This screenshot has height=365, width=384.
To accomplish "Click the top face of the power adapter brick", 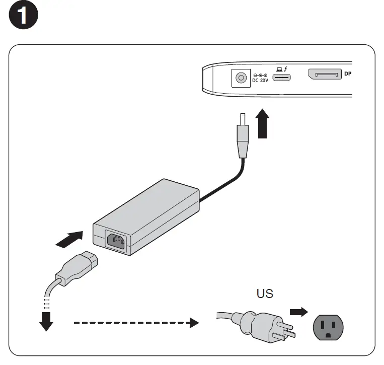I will click(146, 201).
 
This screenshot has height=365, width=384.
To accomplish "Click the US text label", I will click(265, 294).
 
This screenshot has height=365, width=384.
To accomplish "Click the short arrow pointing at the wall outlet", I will click(298, 312).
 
